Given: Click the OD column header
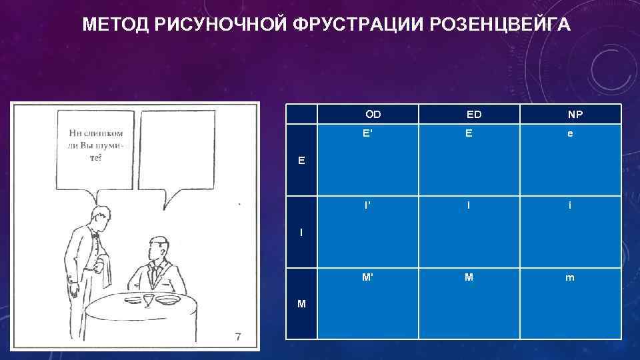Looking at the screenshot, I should [373, 114].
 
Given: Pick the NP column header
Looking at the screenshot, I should [575, 114].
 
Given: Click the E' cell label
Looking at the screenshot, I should [367, 133].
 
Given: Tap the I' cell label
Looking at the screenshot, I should [367, 205].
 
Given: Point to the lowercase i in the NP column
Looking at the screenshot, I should [570, 205].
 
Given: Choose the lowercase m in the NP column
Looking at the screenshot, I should [570, 278].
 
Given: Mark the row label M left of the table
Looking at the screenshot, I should [302, 304].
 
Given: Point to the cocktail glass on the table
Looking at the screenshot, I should [148, 300].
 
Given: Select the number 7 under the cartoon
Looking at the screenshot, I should [238, 337].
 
